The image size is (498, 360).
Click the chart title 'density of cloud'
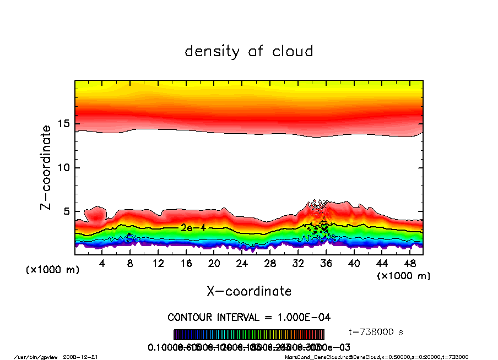pos(248,52)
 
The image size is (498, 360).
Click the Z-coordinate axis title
pos(46,167)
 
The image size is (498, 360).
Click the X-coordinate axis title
pos(249,291)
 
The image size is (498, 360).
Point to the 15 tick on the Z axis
pos(63,124)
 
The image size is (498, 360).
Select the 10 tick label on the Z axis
pos(63,167)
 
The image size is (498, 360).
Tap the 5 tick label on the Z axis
pos(67,211)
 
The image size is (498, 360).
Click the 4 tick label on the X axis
pos(102,264)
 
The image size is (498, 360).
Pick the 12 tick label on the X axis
pos(158,264)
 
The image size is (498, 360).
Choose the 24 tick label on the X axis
pos(242,264)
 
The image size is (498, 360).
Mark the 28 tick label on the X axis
pos(270,264)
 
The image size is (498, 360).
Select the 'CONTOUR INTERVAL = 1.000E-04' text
pos(248,317)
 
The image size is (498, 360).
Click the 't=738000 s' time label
pos(376,332)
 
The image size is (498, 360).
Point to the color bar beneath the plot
pos(248,335)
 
